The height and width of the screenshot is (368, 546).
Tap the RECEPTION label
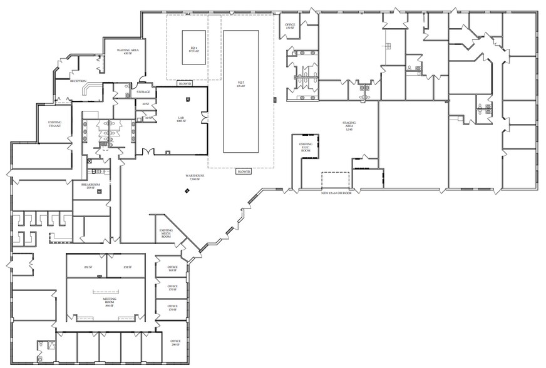click(78, 81)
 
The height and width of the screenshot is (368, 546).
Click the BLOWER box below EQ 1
click(185, 84)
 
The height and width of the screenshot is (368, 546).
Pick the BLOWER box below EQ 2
click(244, 171)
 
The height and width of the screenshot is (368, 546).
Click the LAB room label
click(180, 118)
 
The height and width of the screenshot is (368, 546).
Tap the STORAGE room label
click(143, 93)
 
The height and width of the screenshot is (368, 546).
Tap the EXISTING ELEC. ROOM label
click(306, 148)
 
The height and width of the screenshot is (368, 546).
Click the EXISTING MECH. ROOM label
click(166, 235)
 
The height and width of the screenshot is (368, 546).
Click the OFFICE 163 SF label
click(173, 269)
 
